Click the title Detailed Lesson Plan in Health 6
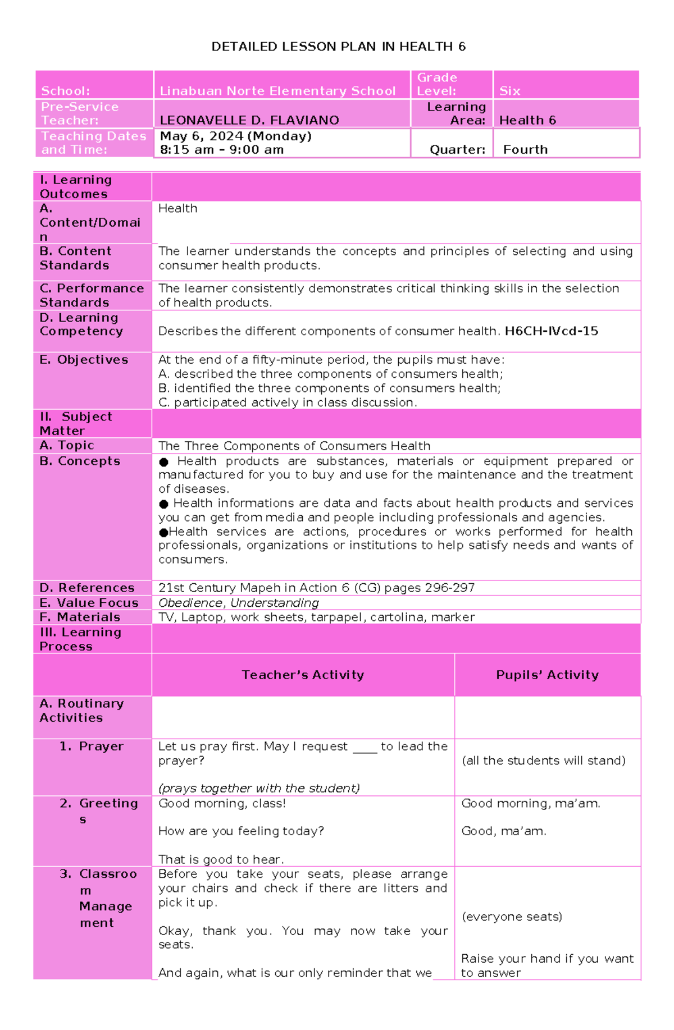[338, 47]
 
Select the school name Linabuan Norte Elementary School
[277, 91]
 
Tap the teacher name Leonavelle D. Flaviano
[249, 120]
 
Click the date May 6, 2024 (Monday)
[235, 136]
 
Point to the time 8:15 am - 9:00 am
[221, 150]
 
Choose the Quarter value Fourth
[525, 150]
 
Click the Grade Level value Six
[509, 91]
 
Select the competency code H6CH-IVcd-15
[551, 331]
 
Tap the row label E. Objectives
[84, 360]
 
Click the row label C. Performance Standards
[92, 295]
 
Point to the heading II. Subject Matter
[76, 424]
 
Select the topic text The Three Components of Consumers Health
[294, 446]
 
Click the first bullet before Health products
[164, 462]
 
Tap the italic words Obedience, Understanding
[239, 603]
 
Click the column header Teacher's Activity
[303, 675]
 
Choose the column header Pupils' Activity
[547, 675]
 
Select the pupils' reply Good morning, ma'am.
[531, 804]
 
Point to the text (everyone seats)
[512, 917]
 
